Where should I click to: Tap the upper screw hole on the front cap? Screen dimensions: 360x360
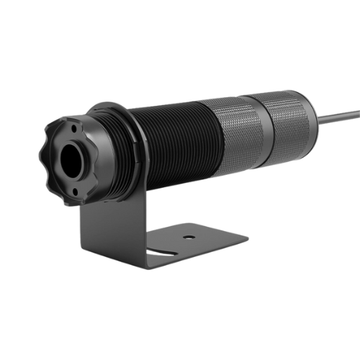tap(75, 128)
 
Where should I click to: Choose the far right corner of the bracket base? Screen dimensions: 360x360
tap(246, 237)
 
